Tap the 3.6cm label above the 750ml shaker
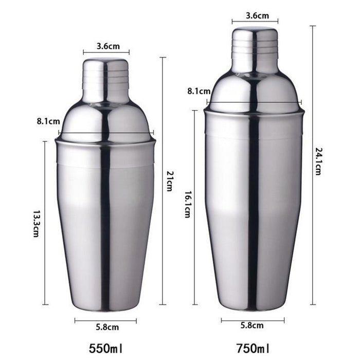tap(255, 15)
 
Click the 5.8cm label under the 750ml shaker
tap(253, 326)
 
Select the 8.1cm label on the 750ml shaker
tap(199, 91)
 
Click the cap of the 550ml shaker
tap(105, 80)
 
